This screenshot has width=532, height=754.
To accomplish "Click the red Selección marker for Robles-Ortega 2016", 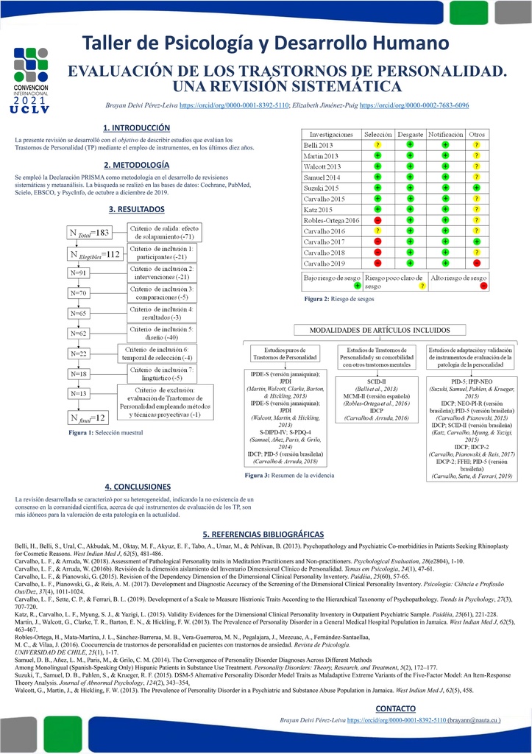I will pos(377,220).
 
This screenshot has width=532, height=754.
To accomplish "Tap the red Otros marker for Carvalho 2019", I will pos(477,263).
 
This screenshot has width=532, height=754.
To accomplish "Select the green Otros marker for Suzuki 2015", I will pos(477,188).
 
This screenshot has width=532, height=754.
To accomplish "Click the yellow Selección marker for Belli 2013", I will pos(377,146).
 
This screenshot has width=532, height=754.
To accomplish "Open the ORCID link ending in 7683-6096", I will pos(414,106).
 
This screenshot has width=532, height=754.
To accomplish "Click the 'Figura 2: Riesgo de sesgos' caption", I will pos(329,300).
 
